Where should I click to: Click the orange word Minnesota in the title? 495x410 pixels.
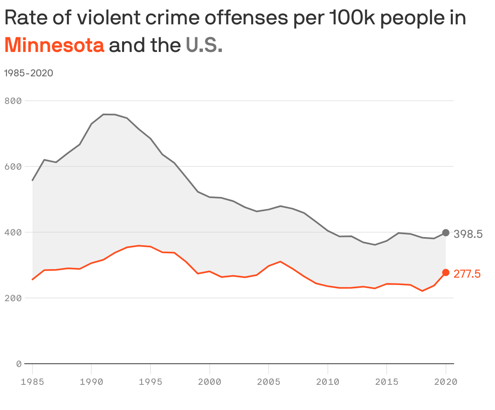[x=54, y=45]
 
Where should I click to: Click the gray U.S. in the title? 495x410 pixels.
[x=204, y=45]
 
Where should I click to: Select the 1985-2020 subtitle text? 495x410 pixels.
[x=28, y=73]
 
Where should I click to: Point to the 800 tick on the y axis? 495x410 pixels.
[x=13, y=101]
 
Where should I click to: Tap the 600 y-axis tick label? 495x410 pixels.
[x=13, y=166]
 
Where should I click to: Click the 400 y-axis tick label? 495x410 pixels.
[x=13, y=232]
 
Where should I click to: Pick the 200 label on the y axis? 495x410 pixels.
[x=13, y=298]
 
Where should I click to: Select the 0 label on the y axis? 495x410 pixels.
[x=19, y=364]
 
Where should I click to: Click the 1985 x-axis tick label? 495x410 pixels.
[x=32, y=382]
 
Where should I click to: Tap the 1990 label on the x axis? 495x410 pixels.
[x=91, y=382]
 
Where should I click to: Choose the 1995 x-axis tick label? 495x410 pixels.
[x=151, y=382]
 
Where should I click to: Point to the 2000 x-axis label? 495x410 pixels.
[x=209, y=382]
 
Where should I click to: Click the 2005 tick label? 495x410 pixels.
[x=269, y=382]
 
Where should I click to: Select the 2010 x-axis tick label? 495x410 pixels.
[x=327, y=382]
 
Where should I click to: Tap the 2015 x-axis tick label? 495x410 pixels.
[x=387, y=382]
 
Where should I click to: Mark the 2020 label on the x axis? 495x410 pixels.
[x=445, y=382]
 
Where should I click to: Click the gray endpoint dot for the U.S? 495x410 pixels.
[x=445, y=233]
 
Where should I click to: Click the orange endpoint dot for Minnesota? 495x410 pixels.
[x=445, y=272]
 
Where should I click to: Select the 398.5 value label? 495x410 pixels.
[x=468, y=234]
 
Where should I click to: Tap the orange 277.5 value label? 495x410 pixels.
[x=467, y=274]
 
